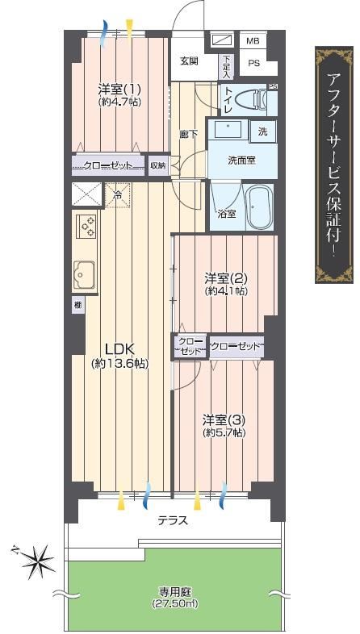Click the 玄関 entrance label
click(189, 62)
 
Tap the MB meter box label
click(253, 41)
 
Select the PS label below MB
click(253, 64)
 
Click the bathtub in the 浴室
click(259, 206)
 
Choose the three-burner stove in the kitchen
click(86, 226)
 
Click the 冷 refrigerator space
click(118, 196)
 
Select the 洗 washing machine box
click(263, 131)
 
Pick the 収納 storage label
click(157, 166)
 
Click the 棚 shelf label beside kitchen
click(77, 304)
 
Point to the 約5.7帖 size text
click(224, 432)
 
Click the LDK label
click(119, 348)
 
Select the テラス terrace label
click(173, 520)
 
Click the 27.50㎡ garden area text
click(174, 603)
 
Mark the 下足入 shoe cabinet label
click(225, 67)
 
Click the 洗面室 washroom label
click(241, 161)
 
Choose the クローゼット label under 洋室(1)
click(107, 166)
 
